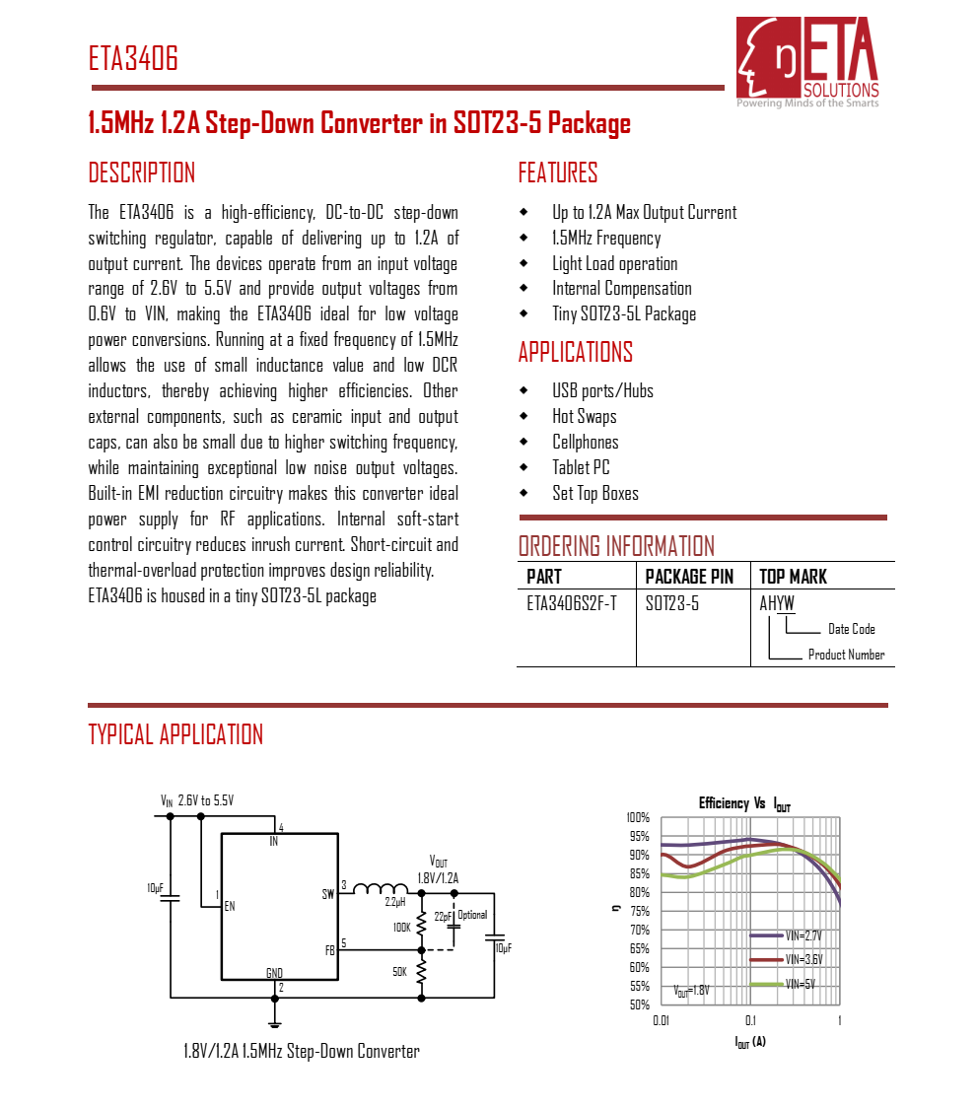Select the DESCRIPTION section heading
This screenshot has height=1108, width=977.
click(142, 173)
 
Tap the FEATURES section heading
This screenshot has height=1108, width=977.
click(558, 173)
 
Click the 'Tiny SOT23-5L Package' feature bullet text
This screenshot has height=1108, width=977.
click(624, 314)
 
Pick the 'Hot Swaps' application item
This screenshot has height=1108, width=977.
click(585, 417)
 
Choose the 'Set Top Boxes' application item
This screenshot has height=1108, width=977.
click(595, 494)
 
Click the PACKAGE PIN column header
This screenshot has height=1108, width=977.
click(689, 577)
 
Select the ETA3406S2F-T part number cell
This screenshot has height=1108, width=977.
click(572, 603)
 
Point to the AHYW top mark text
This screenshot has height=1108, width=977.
click(777, 603)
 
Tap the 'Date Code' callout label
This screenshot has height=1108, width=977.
click(851, 629)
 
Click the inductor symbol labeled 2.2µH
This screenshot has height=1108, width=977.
click(381, 888)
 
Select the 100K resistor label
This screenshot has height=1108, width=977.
click(401, 928)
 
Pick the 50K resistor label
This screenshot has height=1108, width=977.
click(399, 971)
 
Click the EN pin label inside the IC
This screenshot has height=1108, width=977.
click(230, 906)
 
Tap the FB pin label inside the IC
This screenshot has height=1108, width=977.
click(329, 951)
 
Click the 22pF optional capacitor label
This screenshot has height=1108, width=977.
click(443, 917)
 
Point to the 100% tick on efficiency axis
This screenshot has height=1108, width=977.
click(638, 817)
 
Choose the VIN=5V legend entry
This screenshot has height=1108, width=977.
click(799, 984)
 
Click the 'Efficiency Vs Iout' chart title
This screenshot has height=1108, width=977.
click(744, 804)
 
